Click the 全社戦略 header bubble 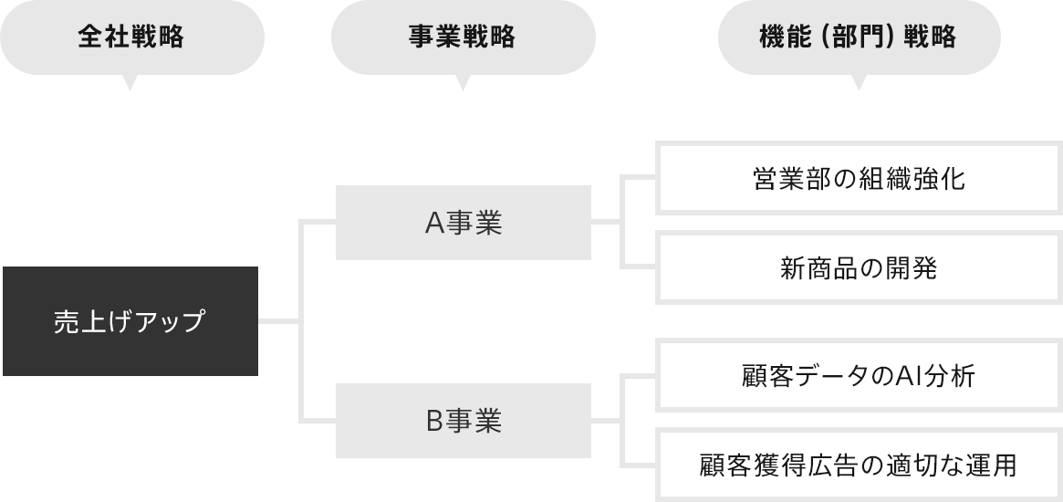(131, 37)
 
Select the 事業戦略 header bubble (463, 37)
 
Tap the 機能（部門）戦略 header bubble (859, 37)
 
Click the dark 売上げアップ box (130, 321)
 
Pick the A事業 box (463, 223)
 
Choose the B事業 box (463, 421)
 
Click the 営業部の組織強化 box (859, 178)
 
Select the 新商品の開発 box (859, 268)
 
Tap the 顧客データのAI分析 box (859, 375)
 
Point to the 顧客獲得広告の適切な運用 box (859, 465)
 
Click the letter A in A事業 (434, 224)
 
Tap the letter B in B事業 (434, 422)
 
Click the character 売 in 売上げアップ (66, 322)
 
